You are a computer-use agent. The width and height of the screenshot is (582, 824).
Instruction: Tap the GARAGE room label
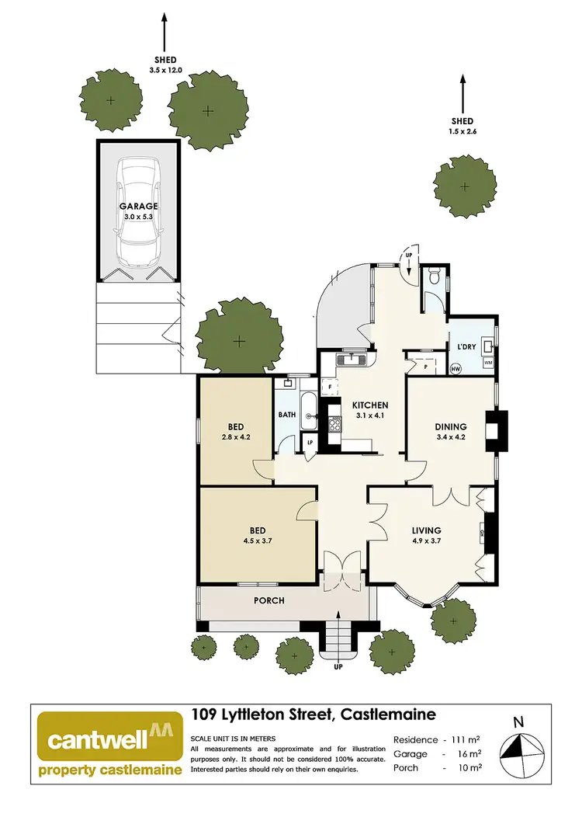(138, 207)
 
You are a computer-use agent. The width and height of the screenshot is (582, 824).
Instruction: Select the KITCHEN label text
(369, 406)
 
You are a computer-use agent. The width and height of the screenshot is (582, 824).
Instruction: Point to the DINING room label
(450, 426)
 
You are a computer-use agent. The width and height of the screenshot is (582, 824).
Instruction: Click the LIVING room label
(426, 531)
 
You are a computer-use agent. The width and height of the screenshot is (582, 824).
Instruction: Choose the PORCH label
(269, 600)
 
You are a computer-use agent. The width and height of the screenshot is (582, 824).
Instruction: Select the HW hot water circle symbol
(456, 370)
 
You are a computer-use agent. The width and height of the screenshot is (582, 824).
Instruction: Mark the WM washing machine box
(488, 363)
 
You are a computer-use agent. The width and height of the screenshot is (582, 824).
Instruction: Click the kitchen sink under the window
(352, 359)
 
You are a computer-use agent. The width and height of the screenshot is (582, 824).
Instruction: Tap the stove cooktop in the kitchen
(335, 424)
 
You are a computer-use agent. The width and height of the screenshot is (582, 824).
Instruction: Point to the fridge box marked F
(330, 385)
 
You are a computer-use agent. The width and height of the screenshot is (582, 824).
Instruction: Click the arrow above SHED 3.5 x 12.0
(164, 31)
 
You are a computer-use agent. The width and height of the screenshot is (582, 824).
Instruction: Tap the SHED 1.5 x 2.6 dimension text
(462, 132)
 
